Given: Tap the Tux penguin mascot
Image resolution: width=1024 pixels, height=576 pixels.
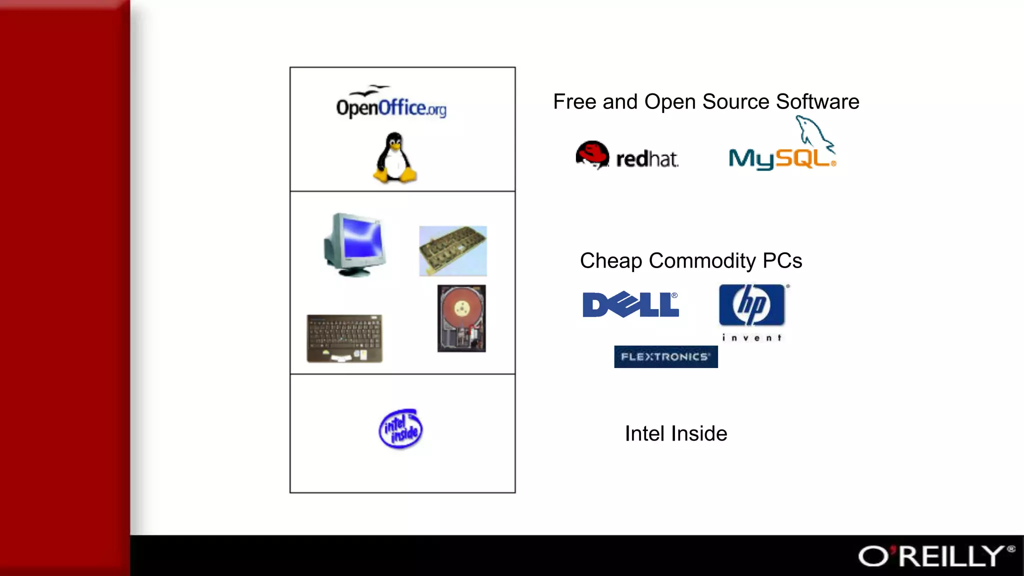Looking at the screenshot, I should (x=395, y=158).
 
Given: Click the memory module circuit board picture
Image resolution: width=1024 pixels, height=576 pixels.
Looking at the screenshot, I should (x=453, y=250).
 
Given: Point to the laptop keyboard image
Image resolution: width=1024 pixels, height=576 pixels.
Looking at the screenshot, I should (x=344, y=338).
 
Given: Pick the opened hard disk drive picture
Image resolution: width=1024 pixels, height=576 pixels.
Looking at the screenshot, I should (x=461, y=318).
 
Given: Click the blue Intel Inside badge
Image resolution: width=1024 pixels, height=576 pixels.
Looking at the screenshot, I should (x=400, y=429).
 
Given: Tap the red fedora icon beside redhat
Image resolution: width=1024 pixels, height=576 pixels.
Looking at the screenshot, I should (x=592, y=154).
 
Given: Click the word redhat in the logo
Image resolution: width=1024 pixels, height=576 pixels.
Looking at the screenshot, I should (x=647, y=159).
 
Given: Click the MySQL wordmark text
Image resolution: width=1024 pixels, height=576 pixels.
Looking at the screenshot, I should (x=781, y=159).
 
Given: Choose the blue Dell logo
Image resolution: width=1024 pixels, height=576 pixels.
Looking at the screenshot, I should (x=630, y=304).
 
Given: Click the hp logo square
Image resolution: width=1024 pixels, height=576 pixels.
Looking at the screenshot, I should (x=751, y=305).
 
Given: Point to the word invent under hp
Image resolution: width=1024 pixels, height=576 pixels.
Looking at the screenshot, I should (x=751, y=338).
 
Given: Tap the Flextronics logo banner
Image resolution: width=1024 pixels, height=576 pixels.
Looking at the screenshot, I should (x=665, y=356).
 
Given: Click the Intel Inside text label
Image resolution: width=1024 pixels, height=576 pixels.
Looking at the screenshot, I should (x=676, y=433).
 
